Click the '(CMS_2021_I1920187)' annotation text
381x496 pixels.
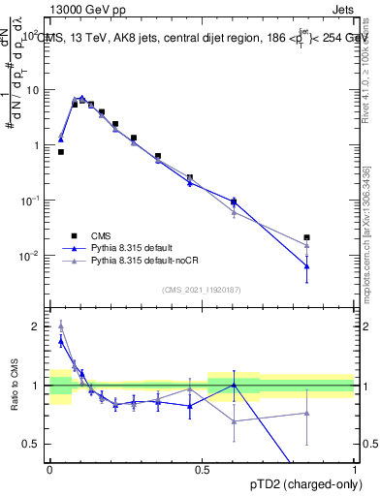click(x=202, y=290)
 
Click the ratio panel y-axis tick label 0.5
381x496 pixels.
click(x=32, y=444)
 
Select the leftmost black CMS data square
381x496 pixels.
click(x=61, y=152)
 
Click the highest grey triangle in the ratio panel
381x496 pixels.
click(x=61, y=325)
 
